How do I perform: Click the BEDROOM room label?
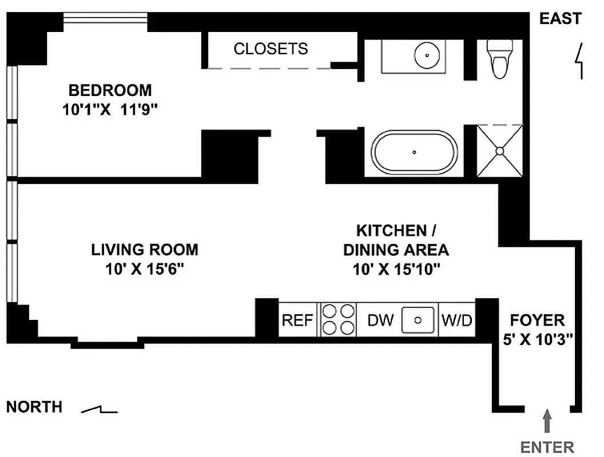click(x=110, y=90)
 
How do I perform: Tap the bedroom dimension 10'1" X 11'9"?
click(x=110, y=109)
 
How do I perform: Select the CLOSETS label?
click(x=271, y=49)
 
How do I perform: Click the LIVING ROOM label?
click(x=145, y=250)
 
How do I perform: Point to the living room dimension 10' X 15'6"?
click(x=145, y=269)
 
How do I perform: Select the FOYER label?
click(x=537, y=320)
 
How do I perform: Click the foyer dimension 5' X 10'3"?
click(x=537, y=339)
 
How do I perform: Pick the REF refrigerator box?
click(x=297, y=320)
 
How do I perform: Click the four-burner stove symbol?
click(x=338, y=320)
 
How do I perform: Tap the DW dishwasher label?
click(x=380, y=320)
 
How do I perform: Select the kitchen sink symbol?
click(x=418, y=320)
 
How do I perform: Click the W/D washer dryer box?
click(x=457, y=320)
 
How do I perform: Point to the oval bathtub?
click(x=415, y=153)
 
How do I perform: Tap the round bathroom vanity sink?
click(x=426, y=55)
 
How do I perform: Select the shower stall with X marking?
click(x=500, y=151)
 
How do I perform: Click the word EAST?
click(x=560, y=19)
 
